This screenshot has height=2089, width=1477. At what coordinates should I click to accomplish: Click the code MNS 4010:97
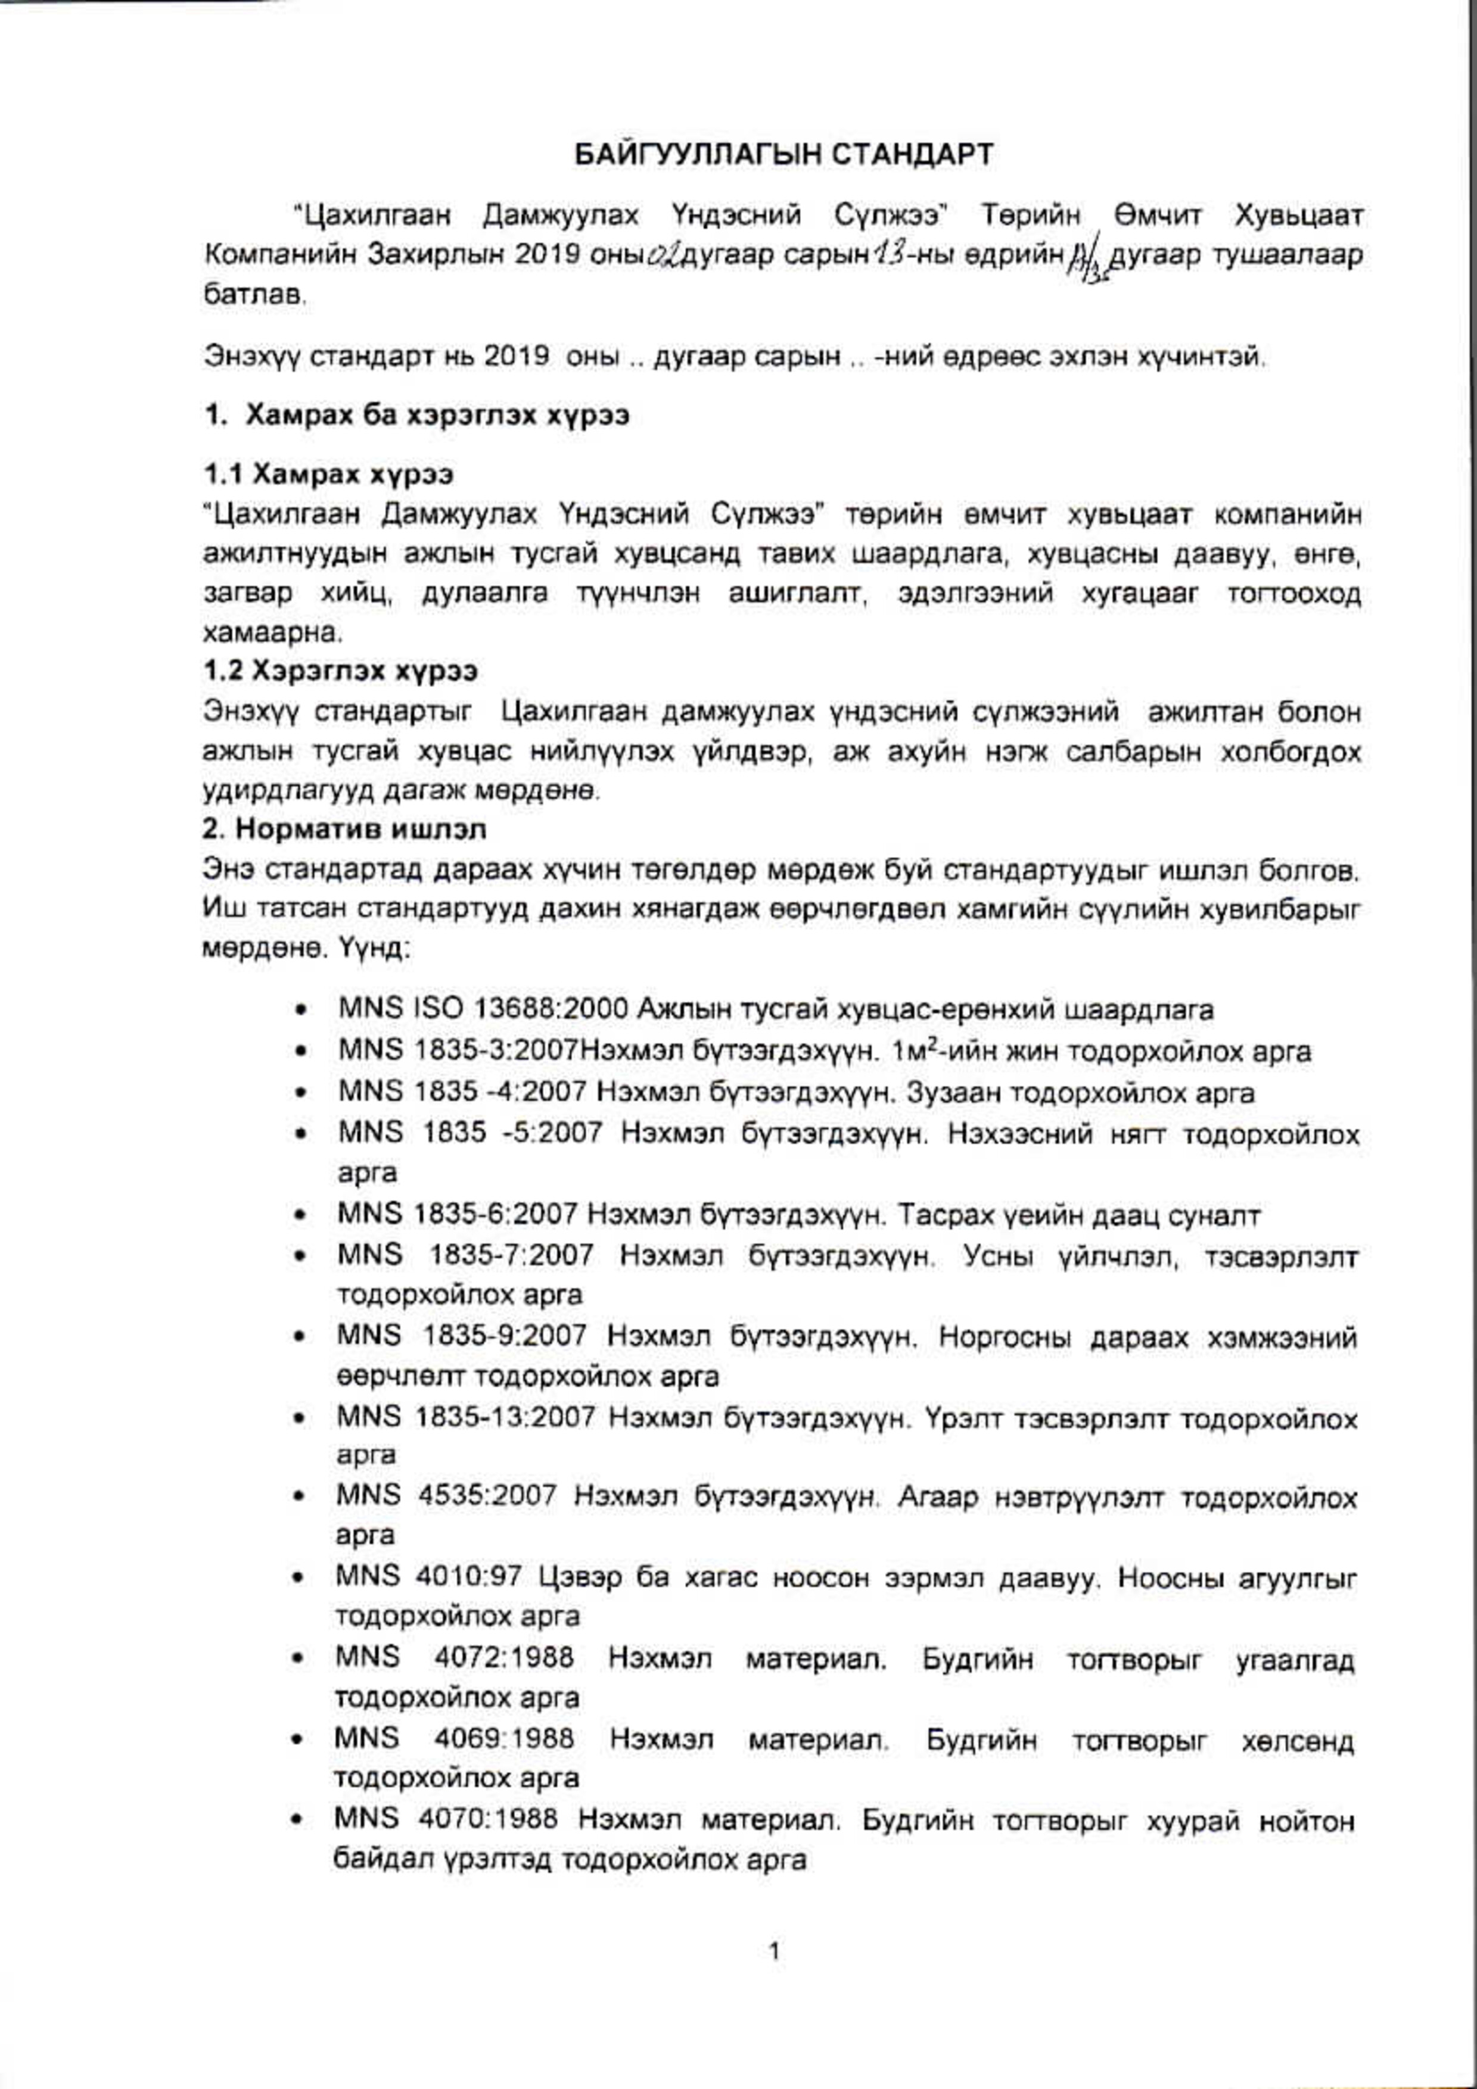428,1576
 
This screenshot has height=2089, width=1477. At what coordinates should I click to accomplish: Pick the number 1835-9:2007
505,1336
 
